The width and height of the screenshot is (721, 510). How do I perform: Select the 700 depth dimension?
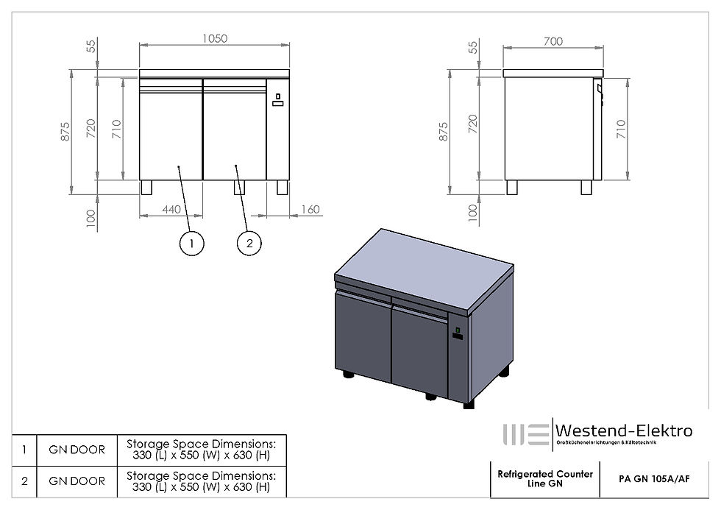553,41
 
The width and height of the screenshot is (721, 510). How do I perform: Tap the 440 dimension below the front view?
171,209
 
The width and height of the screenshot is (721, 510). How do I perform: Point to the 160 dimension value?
310,209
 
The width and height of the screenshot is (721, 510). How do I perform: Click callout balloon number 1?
191,243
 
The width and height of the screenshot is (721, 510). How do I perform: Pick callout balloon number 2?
249,243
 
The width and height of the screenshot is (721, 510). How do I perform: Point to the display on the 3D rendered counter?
458,333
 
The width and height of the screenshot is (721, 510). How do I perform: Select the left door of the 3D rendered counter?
362,336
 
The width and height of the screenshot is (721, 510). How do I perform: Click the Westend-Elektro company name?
622,431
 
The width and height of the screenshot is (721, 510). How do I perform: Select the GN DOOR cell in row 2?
77,481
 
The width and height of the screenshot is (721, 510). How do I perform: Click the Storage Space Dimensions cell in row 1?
201,448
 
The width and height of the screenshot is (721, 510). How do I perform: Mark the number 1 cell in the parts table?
24,448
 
